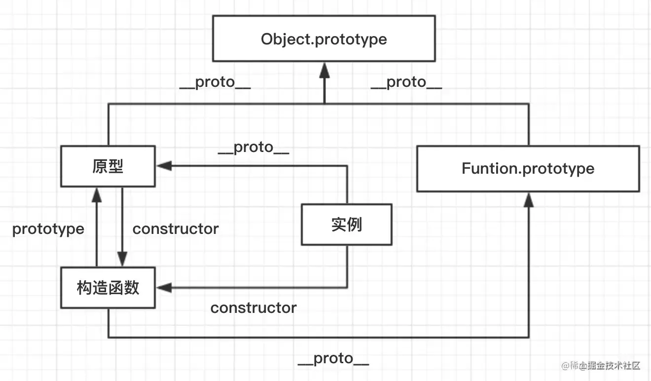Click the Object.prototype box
tap(324, 38)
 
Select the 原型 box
tap(108, 166)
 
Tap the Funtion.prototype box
tap(528, 168)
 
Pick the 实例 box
tap(346, 225)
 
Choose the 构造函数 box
tap(108, 288)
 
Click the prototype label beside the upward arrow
tap(48, 229)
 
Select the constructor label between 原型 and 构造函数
tap(176, 229)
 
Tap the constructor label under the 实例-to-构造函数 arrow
tap(253, 308)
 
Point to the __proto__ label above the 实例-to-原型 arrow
tap(253, 148)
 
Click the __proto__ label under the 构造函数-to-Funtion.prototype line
tap(333, 359)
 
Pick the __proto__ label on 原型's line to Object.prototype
tap(215, 82)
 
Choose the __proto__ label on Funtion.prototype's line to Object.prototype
tap(406, 82)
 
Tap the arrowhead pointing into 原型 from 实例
tap(164, 166)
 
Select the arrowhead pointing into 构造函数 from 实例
tap(164, 288)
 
